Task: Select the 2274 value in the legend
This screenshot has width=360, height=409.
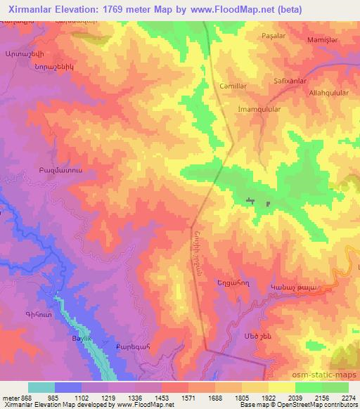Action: coord(349,397)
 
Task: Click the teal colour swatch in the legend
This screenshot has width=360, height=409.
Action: coord(41,387)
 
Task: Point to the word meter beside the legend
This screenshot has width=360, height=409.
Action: coord(9,397)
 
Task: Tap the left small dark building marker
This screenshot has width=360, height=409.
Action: coord(249,202)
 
